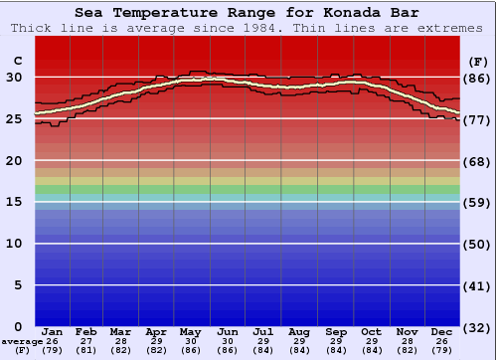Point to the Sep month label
click(336, 331)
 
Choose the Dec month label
click(442, 331)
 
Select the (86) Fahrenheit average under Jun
click(229, 350)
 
